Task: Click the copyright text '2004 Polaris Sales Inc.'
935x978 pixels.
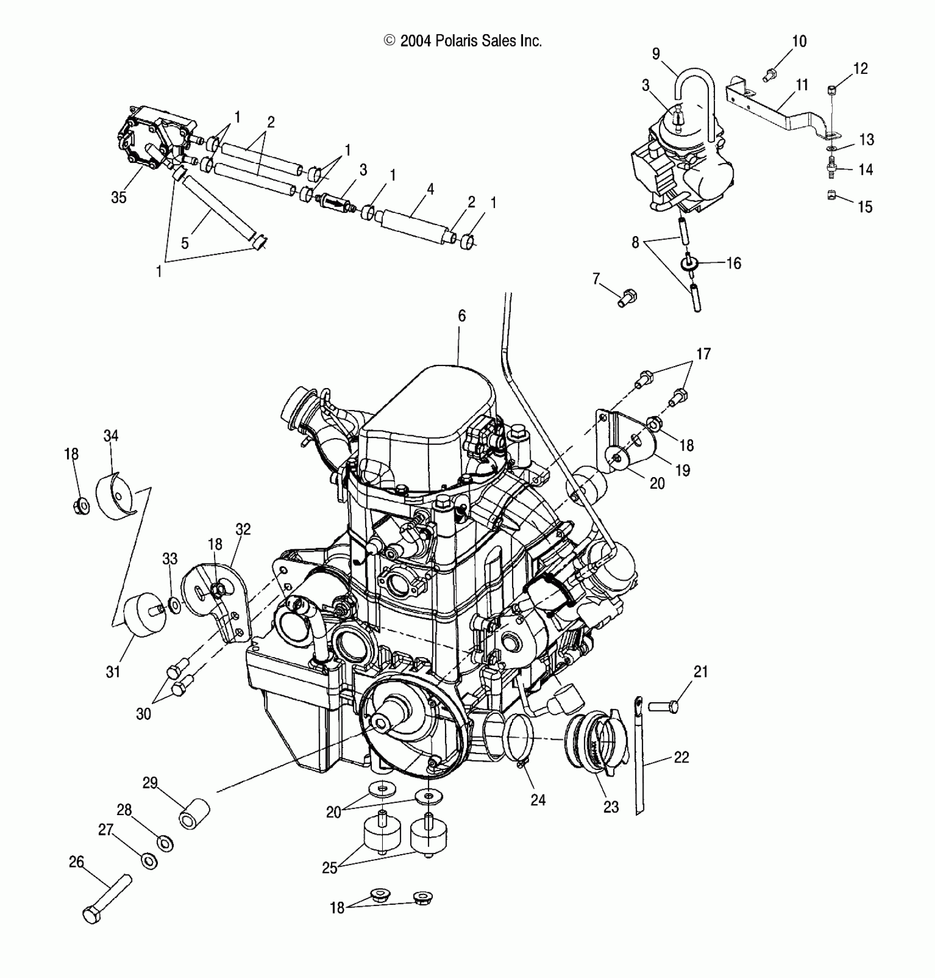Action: click(x=463, y=41)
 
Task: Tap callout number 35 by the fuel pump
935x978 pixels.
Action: click(x=119, y=197)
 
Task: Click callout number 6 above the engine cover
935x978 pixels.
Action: click(x=461, y=315)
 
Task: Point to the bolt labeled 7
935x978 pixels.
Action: click(x=626, y=298)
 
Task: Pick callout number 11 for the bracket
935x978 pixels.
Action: click(x=802, y=85)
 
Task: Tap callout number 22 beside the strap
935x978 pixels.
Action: click(x=681, y=757)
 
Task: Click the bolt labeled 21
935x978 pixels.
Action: click(x=663, y=706)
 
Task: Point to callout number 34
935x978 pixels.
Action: click(x=111, y=436)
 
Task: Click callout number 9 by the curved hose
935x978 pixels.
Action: click(x=656, y=54)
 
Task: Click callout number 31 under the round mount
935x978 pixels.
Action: click(x=113, y=671)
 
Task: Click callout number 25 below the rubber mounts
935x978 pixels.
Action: click(x=329, y=882)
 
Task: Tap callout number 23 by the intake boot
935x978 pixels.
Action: click(x=611, y=807)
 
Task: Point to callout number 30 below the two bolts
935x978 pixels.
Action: click(x=144, y=713)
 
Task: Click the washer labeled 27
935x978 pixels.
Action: click(x=148, y=861)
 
